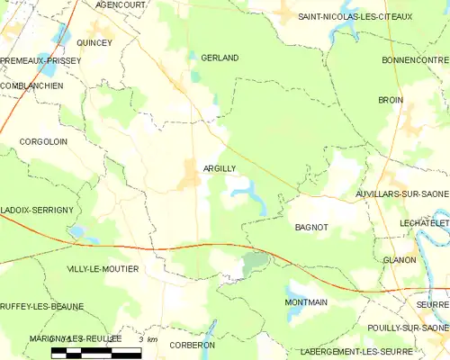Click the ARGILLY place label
coord(220,168)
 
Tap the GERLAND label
coord(220,58)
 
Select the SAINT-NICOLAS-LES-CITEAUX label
coord(355,16)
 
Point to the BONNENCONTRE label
coord(415,59)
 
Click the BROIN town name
coord(391,100)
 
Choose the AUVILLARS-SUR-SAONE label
coord(402,193)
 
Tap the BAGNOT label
coord(311,229)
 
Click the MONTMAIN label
coord(306,302)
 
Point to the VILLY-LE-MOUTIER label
coord(103,269)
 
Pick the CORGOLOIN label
coord(43,142)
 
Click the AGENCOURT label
coord(121,4)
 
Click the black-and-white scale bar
coord(96,352)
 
